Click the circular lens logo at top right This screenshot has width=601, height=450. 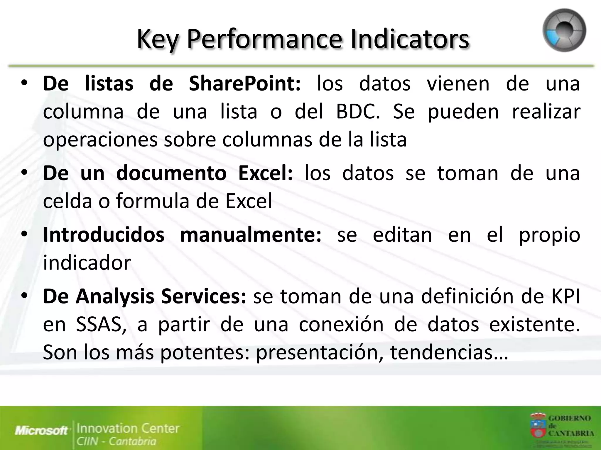point(564,30)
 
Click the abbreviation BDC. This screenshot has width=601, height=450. point(357,112)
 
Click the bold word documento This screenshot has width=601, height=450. point(171,173)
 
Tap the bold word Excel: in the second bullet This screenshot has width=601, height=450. point(265,173)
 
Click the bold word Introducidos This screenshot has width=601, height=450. point(104,235)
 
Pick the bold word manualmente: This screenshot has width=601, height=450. point(251,235)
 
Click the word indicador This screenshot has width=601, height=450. point(87,263)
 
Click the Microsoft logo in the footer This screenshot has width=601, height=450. point(41,431)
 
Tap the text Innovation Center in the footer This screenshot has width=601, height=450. point(128,428)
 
